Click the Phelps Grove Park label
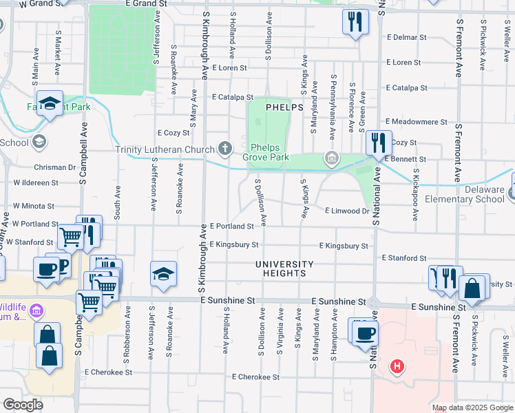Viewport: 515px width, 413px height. tap(269, 152)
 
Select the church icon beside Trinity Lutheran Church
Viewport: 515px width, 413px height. tap(224, 148)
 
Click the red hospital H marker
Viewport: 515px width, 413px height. tap(396, 366)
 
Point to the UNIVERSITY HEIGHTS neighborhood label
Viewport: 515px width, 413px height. tap(284, 268)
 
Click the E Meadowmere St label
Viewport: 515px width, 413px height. tap(416, 122)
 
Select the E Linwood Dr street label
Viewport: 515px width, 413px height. tap(346, 211)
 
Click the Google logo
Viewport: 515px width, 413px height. tap(23, 405)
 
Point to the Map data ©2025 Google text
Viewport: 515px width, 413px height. tap(472, 407)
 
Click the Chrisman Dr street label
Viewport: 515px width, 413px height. tap(54, 167)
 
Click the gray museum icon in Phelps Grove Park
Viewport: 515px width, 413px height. tap(332, 160)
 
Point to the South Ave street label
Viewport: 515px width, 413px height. tap(118, 202)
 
